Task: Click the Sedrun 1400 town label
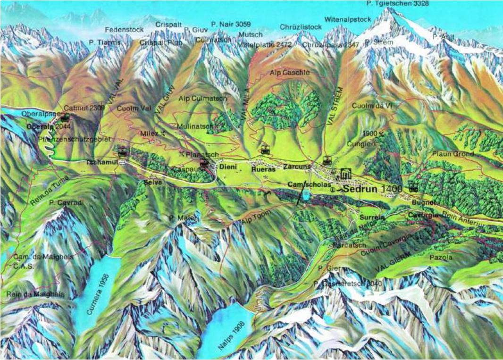[372, 188]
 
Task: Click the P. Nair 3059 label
[231, 24]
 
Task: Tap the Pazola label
[441, 258]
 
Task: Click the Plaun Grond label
[453, 154]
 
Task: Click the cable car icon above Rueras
[265, 150]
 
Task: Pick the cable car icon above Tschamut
[123, 151]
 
